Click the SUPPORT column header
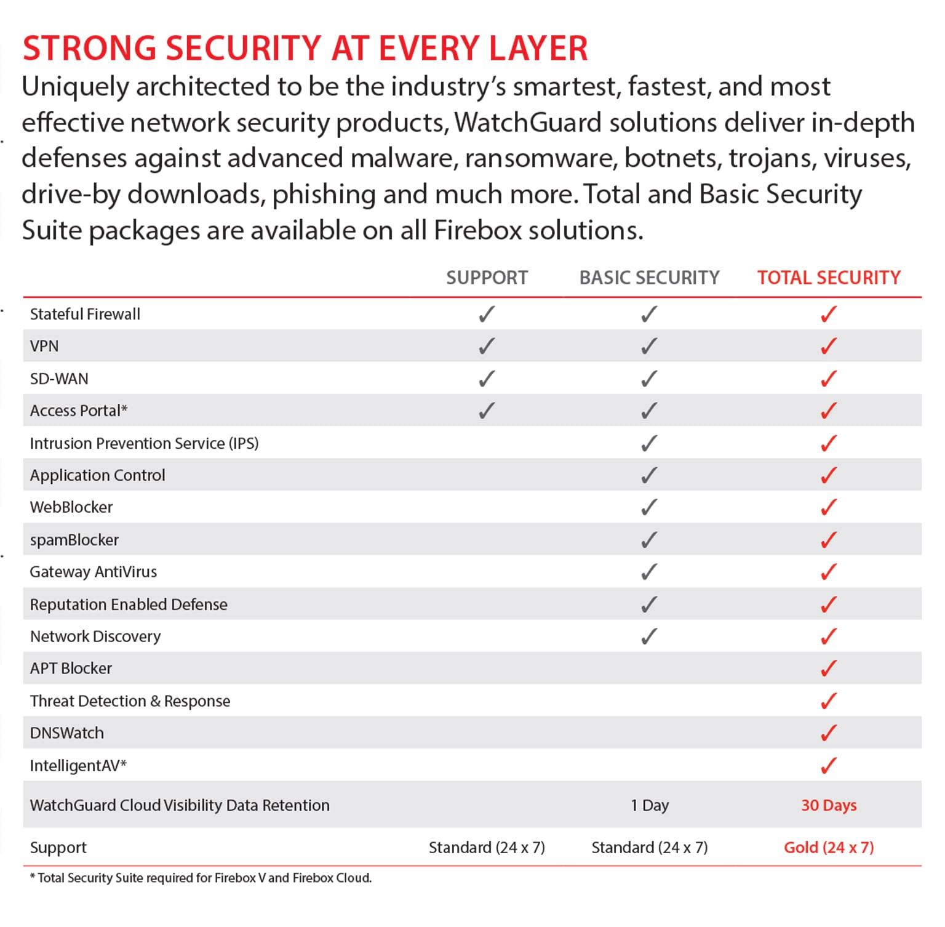point(487,278)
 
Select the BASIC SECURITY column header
point(649,278)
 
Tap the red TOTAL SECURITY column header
point(829,278)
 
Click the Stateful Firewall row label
point(85,314)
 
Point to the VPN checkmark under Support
point(487,346)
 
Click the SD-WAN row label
point(59,379)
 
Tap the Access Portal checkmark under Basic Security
point(649,411)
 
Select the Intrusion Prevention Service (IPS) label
point(144,443)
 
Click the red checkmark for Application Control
point(829,475)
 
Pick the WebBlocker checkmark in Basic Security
point(649,507)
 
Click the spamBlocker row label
point(74,540)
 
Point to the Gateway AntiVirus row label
point(94,572)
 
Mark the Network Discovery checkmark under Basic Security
point(649,636)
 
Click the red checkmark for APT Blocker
point(829,668)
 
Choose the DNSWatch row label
point(67,733)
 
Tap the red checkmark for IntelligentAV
point(829,765)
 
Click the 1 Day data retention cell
point(649,805)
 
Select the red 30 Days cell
point(829,805)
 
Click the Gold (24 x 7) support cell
point(829,848)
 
